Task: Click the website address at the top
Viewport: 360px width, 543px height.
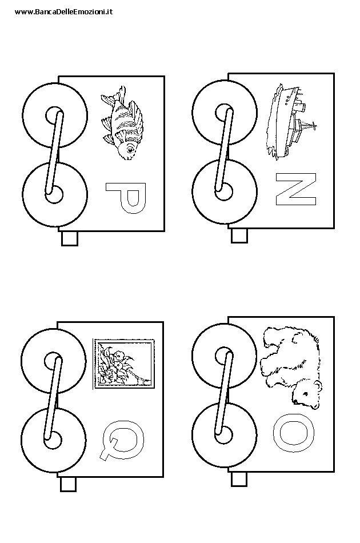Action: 63,11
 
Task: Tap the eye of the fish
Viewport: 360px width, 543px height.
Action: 130,150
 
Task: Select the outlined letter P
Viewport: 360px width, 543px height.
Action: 126,198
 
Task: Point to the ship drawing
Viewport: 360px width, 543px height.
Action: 289,121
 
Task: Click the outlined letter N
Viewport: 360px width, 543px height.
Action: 296,189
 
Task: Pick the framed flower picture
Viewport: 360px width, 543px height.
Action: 123,364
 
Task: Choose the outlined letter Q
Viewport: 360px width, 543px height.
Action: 123,441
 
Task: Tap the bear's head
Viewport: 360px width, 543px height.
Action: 307,393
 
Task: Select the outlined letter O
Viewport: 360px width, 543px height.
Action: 294,432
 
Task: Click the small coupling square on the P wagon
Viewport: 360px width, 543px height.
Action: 70,238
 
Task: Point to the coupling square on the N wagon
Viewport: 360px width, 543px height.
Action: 239,235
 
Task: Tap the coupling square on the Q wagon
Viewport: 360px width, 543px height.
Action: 68,484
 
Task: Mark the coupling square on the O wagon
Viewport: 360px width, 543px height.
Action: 239,479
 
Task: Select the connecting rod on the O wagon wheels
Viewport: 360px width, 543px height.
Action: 224,392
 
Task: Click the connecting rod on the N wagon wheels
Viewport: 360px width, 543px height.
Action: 225,149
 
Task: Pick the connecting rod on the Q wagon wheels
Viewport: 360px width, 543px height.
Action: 53,398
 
